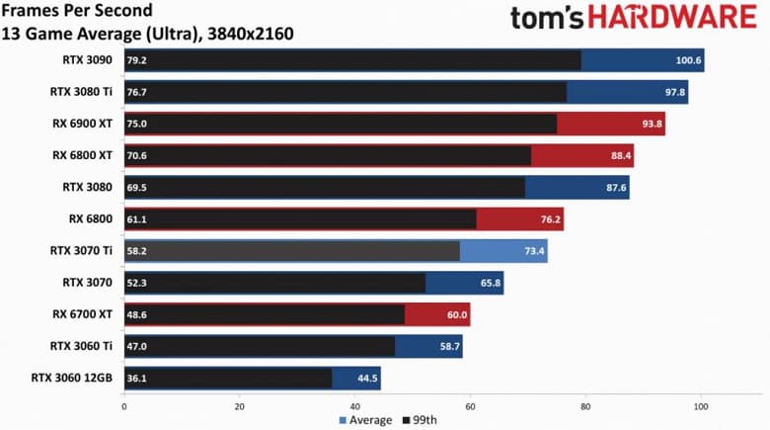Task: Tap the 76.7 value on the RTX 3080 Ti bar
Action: pyautogui.click(x=136, y=92)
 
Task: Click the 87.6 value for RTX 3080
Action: pyautogui.click(x=613, y=187)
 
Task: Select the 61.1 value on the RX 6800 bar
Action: pyautogui.click(x=136, y=218)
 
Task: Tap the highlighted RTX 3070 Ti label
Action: pyautogui.click(x=84, y=251)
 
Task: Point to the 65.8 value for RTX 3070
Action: pyautogui.click(x=490, y=283)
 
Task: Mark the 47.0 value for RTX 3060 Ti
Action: pyautogui.click(x=136, y=346)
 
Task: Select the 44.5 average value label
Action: pyautogui.click(x=367, y=378)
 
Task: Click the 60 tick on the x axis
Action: pyautogui.click(x=470, y=406)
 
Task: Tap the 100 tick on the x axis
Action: pyautogui.click(x=701, y=406)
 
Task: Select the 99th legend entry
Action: pyautogui.click(x=421, y=420)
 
